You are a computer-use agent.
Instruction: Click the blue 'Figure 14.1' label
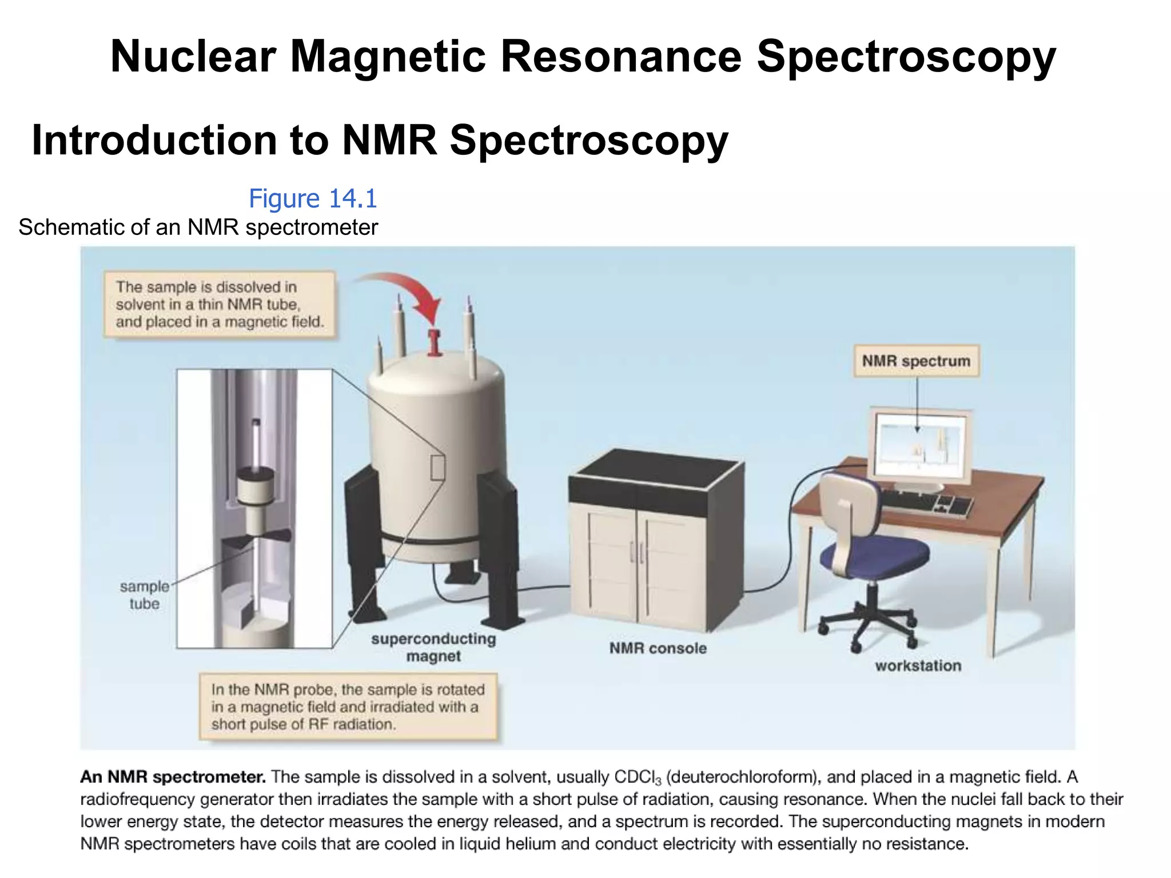(313, 199)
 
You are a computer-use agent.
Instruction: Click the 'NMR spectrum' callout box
(916, 361)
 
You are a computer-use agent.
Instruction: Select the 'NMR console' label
(658, 648)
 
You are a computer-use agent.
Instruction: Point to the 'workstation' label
(918, 666)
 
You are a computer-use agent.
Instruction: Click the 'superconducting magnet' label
(433, 647)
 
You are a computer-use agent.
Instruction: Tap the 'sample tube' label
(144, 595)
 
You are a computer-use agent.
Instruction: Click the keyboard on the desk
(926, 502)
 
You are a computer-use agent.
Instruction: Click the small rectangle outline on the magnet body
(437, 468)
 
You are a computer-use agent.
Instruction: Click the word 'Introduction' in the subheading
(154, 141)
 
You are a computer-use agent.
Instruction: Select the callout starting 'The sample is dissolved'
(220, 305)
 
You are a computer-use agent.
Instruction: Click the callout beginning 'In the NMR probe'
(348, 707)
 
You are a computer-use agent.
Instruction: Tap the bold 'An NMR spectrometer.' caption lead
(173, 777)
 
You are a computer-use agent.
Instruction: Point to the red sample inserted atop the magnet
(435, 342)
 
